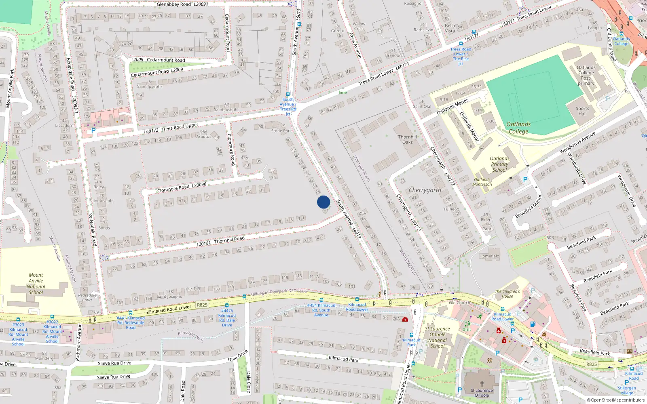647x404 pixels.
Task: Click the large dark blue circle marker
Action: pyautogui.click(x=323, y=202)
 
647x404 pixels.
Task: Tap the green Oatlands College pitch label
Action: pyautogui.click(x=518, y=128)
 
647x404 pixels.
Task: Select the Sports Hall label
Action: pyautogui.click(x=582, y=111)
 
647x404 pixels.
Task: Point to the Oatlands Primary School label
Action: pyautogui.click(x=499, y=164)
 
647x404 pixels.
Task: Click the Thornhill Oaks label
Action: pyautogui.click(x=407, y=139)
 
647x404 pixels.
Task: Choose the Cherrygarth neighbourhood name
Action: pyautogui.click(x=425, y=190)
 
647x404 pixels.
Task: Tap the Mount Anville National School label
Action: pyautogui.click(x=36, y=284)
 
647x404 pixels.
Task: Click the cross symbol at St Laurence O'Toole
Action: pyautogui.click(x=482, y=383)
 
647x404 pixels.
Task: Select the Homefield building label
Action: pyautogui.click(x=489, y=256)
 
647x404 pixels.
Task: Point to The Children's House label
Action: pyautogui.click(x=507, y=294)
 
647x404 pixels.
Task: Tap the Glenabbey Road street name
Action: pyautogui.click(x=174, y=4)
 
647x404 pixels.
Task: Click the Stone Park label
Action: pyautogui.click(x=281, y=131)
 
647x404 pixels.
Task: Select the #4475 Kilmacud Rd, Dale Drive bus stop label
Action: pyautogui.click(x=227, y=318)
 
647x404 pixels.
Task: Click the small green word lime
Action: pyautogui.click(x=343, y=93)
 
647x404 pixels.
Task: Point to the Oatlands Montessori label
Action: pyautogui.click(x=482, y=182)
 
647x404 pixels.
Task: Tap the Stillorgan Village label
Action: pyautogui.click(x=627, y=390)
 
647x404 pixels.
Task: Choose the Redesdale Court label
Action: pyautogui.click(x=87, y=297)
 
